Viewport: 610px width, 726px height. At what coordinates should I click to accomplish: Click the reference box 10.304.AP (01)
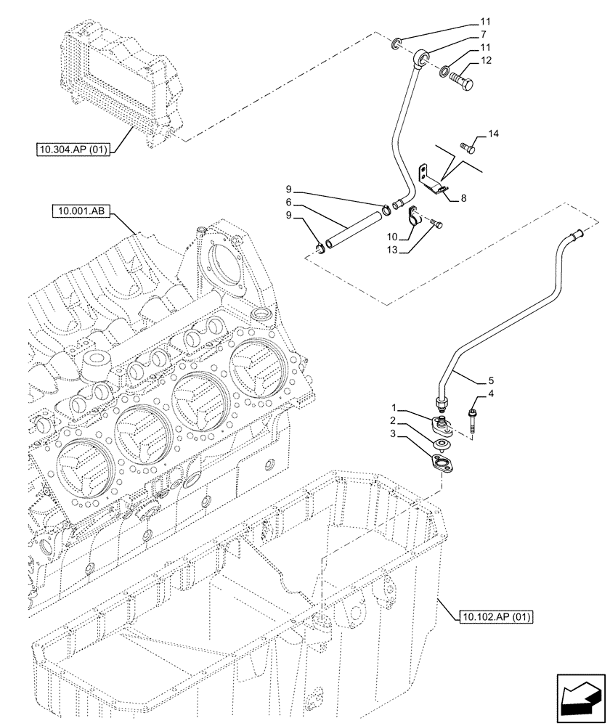point(73,151)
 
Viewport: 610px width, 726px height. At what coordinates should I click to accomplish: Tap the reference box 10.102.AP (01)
point(497,618)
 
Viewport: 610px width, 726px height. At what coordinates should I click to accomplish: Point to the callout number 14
point(493,134)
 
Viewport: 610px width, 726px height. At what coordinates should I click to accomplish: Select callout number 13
point(392,249)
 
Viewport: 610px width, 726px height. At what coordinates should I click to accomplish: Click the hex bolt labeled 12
point(462,78)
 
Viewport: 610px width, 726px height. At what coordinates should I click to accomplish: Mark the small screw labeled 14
point(468,149)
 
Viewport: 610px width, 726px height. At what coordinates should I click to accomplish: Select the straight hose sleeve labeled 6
point(351,227)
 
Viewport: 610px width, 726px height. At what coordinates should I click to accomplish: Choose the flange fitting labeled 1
point(442,425)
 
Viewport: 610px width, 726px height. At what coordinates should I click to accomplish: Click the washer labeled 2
point(441,444)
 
